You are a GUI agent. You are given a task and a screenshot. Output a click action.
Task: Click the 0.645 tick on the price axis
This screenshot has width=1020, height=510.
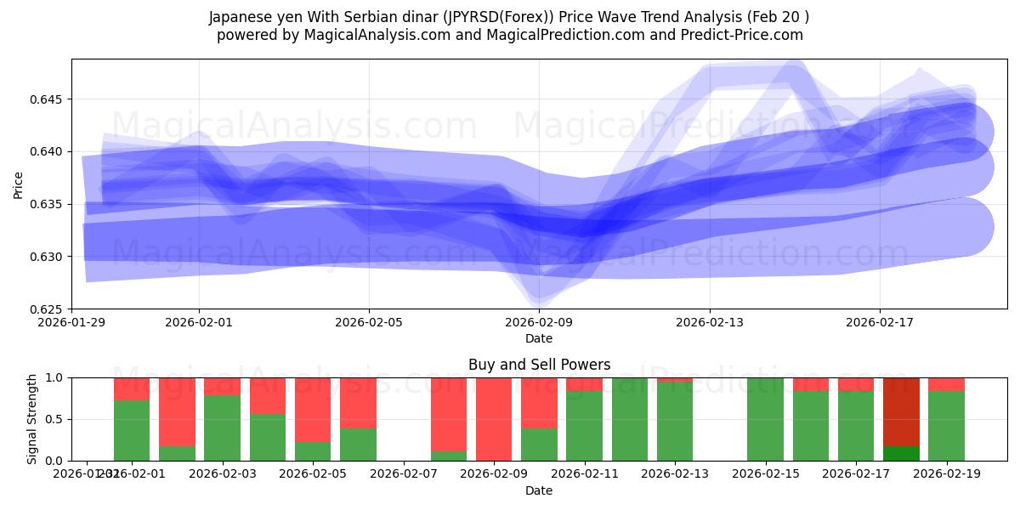pyautogui.click(x=50, y=99)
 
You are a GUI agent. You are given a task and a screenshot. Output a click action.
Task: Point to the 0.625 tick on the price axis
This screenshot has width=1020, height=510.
pyautogui.click(x=50, y=309)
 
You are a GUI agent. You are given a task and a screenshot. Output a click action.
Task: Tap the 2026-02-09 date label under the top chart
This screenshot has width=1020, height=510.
pyautogui.click(x=539, y=323)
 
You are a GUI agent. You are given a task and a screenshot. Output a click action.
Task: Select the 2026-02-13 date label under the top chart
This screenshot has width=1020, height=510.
pyautogui.click(x=709, y=323)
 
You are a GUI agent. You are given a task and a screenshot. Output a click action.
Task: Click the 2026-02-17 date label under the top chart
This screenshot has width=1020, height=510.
pyautogui.click(x=879, y=323)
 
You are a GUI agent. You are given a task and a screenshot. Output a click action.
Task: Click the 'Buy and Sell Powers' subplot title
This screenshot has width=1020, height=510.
pyautogui.click(x=539, y=365)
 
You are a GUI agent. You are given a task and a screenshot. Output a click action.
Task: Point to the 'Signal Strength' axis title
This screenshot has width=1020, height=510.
pyautogui.click(x=32, y=419)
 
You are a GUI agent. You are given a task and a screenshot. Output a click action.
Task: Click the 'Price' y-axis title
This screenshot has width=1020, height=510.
pyautogui.click(x=19, y=184)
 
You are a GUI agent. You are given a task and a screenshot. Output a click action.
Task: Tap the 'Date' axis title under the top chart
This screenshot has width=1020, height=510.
pyautogui.click(x=539, y=338)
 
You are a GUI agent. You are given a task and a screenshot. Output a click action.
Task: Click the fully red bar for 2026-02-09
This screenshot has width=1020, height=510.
pyautogui.click(x=494, y=419)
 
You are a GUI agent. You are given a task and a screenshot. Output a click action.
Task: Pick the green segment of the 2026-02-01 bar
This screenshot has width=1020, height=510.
pyautogui.click(x=132, y=430)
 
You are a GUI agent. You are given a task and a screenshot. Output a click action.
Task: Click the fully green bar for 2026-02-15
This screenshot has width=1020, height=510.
pyautogui.click(x=765, y=419)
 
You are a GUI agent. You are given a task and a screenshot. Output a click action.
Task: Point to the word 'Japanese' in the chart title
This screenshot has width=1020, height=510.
pyautogui.click(x=242, y=17)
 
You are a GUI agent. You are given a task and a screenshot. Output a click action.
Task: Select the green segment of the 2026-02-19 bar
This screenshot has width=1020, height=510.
pyautogui.click(x=946, y=426)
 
